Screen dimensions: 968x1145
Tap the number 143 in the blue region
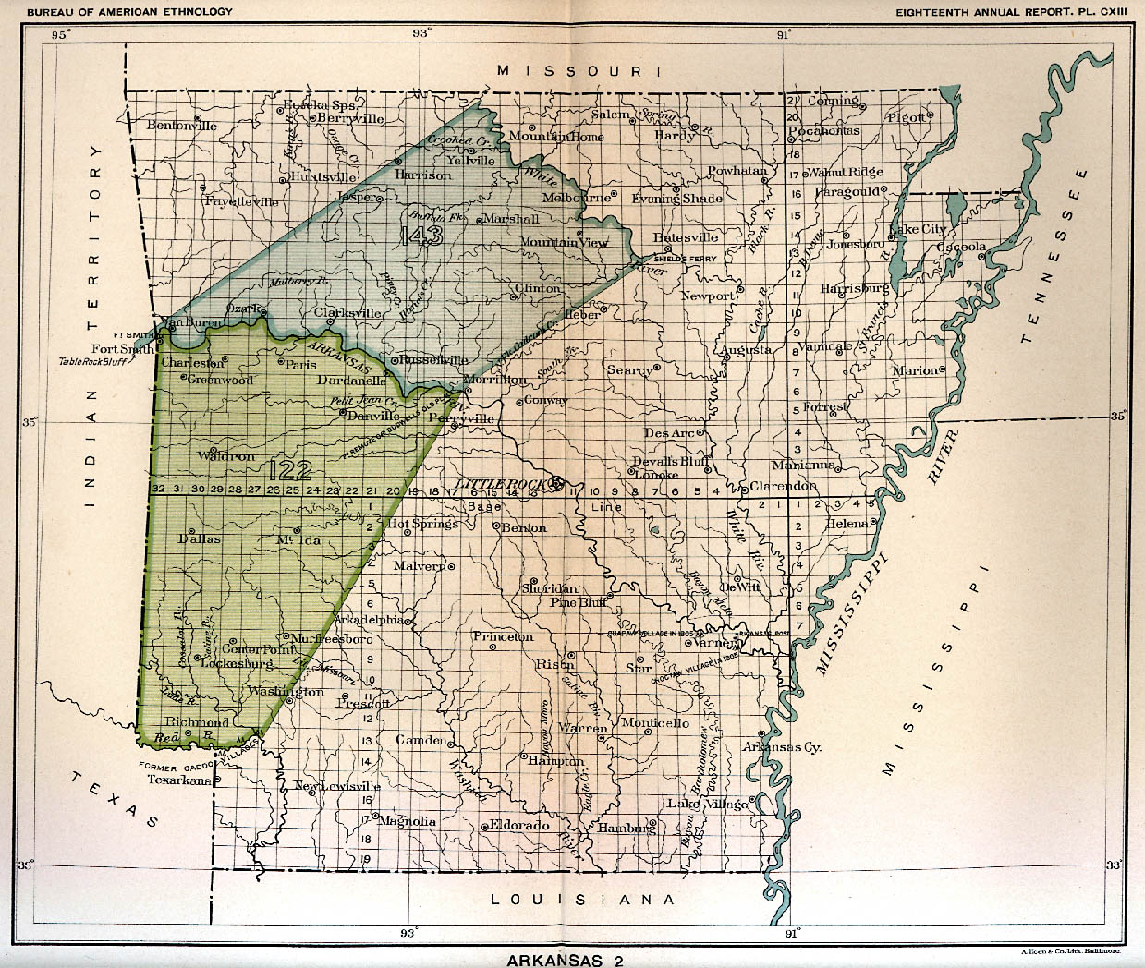point(422,236)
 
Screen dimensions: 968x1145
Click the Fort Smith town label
point(123,349)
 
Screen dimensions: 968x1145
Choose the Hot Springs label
point(422,524)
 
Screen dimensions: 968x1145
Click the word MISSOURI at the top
point(578,71)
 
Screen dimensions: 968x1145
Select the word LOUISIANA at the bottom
point(582,899)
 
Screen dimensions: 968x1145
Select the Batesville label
point(686,237)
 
